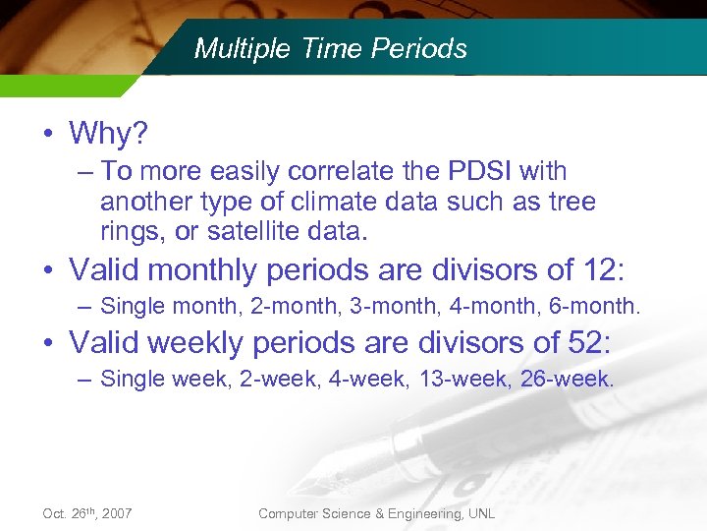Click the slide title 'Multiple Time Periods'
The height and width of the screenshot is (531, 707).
pyautogui.click(x=330, y=48)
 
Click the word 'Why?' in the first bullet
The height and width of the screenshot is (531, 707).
pyautogui.click(x=108, y=133)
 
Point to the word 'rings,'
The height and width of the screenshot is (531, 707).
pyautogui.click(x=133, y=232)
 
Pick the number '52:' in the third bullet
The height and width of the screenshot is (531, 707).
pyautogui.click(x=588, y=342)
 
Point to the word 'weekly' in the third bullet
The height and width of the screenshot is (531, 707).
pyautogui.click(x=199, y=343)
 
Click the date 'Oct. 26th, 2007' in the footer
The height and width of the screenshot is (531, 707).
pyautogui.click(x=87, y=513)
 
